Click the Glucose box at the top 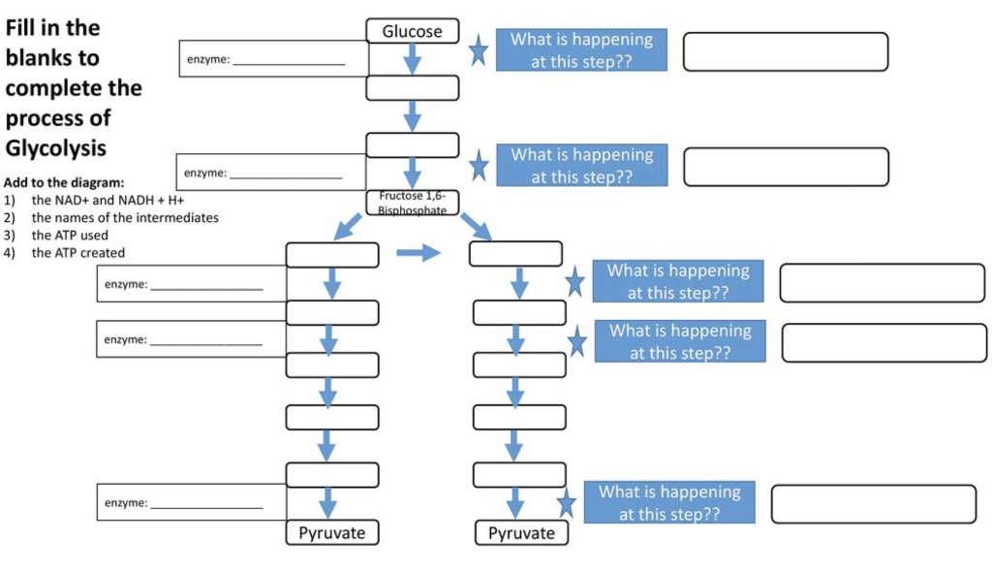pyautogui.click(x=412, y=31)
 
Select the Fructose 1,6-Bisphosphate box pyautogui.click(x=412, y=203)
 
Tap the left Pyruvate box pyautogui.click(x=331, y=532)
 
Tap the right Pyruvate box pyautogui.click(x=521, y=532)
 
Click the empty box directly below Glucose pyautogui.click(x=412, y=88)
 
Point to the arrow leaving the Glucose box pyautogui.click(x=412, y=59)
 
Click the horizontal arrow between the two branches pyautogui.click(x=418, y=254)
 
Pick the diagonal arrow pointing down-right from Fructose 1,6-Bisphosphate pyautogui.click(x=476, y=228)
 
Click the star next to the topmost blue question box pyautogui.click(x=478, y=50)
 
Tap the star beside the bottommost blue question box pyautogui.click(x=567, y=504)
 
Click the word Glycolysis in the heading pyautogui.click(x=56, y=148)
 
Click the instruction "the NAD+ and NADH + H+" pyautogui.click(x=108, y=200)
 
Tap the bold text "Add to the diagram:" pyautogui.click(x=64, y=182)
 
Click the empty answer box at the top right pyautogui.click(x=785, y=51)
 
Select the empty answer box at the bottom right pyautogui.click(x=873, y=504)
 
